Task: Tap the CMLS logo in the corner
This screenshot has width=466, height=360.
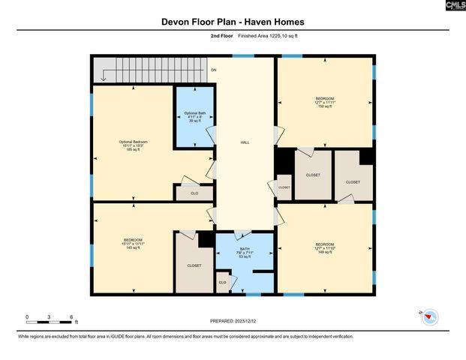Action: [455, 5]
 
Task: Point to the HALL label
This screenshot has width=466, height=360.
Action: [245, 142]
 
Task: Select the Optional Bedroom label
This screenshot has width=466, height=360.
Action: [134, 145]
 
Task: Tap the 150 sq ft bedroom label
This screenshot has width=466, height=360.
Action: [325, 102]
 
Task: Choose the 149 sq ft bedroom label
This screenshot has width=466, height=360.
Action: [325, 247]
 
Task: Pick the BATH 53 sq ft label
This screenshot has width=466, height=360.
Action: [245, 253]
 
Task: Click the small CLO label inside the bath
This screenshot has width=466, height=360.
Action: [222, 282]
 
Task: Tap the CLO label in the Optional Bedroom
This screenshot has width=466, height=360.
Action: [194, 193]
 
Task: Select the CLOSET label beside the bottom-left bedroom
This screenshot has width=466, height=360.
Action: [194, 265]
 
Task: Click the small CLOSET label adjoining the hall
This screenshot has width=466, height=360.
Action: [284, 187]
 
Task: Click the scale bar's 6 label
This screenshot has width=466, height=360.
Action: [71, 317]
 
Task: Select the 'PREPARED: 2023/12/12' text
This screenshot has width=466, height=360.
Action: [233, 320]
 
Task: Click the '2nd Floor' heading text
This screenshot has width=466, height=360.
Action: [221, 35]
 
